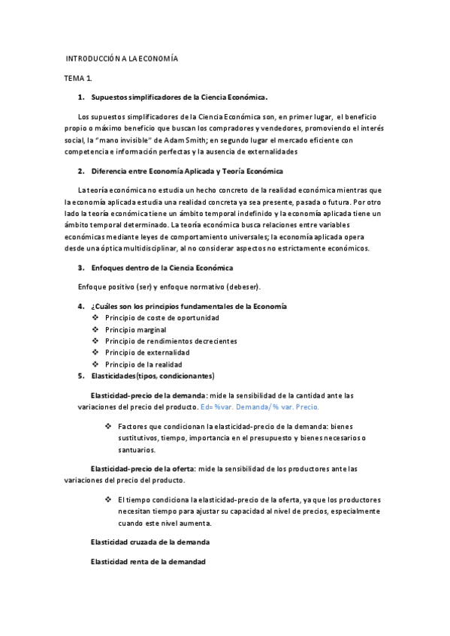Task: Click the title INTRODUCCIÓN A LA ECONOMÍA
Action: pyautogui.click(x=121, y=58)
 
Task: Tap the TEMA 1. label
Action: pyautogui.click(x=78, y=78)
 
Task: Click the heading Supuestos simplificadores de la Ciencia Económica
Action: pyautogui.click(x=179, y=97)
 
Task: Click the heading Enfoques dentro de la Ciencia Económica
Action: pyautogui.click(x=162, y=268)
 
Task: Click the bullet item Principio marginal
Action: pyautogui.click(x=136, y=329)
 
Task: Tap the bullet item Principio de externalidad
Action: pyautogui.click(x=147, y=352)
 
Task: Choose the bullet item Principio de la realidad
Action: pyautogui.click(x=143, y=364)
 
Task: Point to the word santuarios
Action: pyautogui.click(x=137, y=450)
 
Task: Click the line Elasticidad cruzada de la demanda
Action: pyautogui.click(x=150, y=541)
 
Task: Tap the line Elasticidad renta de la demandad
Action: pyautogui.click(x=148, y=561)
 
